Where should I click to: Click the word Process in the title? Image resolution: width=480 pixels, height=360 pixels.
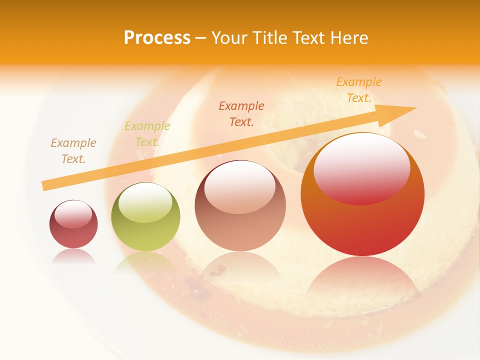click(157, 38)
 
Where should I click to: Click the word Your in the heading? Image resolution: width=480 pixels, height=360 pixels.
click(229, 38)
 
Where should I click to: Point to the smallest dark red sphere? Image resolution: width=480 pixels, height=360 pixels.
click(73, 224)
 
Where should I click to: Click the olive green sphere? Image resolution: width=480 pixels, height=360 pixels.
click(145, 217)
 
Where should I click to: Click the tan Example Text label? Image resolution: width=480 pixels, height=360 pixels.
click(73, 151)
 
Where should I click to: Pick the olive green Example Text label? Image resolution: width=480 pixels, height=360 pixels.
click(147, 134)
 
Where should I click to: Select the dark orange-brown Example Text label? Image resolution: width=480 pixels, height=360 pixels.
click(241, 113)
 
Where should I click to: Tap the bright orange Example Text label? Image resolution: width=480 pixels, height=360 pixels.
click(359, 90)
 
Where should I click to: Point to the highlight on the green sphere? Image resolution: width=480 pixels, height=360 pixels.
click(145, 202)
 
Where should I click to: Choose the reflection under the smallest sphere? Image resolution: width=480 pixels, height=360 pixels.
click(73, 256)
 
